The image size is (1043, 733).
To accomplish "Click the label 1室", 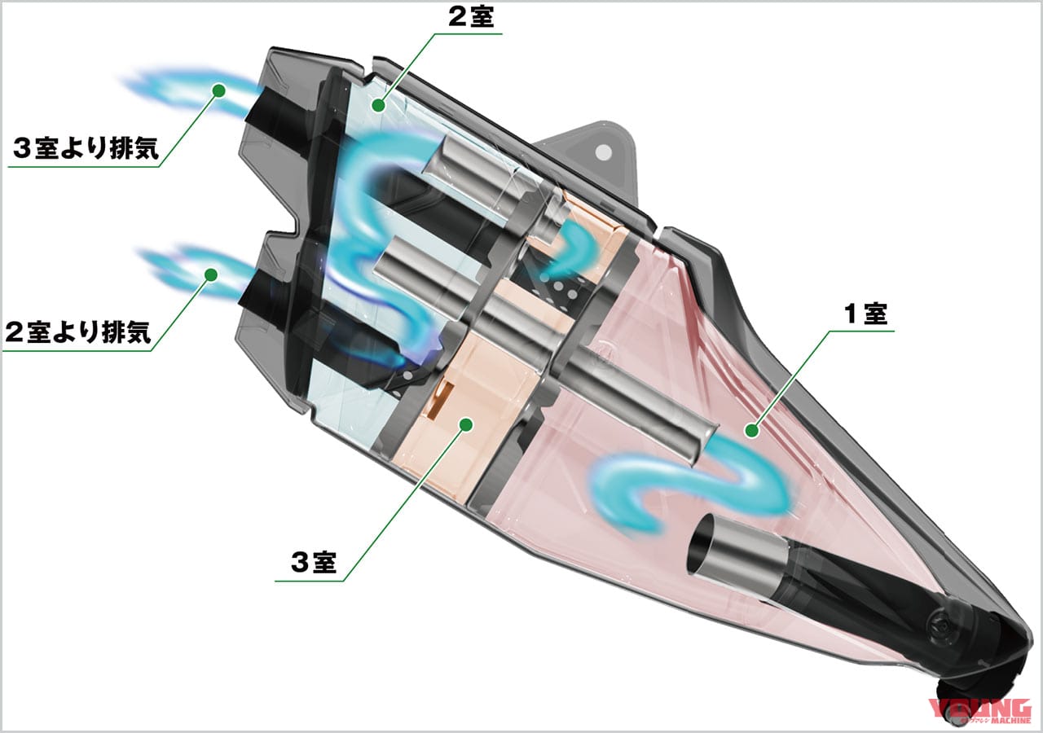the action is (x=865, y=314).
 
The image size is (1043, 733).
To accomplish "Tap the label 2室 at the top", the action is (x=471, y=17).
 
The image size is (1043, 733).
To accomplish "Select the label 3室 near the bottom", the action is (x=314, y=562).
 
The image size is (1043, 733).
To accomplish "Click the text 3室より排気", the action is (x=86, y=148).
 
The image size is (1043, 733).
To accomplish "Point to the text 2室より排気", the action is (x=77, y=331).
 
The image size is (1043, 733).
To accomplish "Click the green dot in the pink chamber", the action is (x=751, y=431).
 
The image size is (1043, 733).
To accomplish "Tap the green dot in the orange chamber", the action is (x=466, y=424).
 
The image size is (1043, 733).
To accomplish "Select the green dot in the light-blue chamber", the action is (x=379, y=105).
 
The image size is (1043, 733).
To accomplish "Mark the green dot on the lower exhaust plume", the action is (x=211, y=274).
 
